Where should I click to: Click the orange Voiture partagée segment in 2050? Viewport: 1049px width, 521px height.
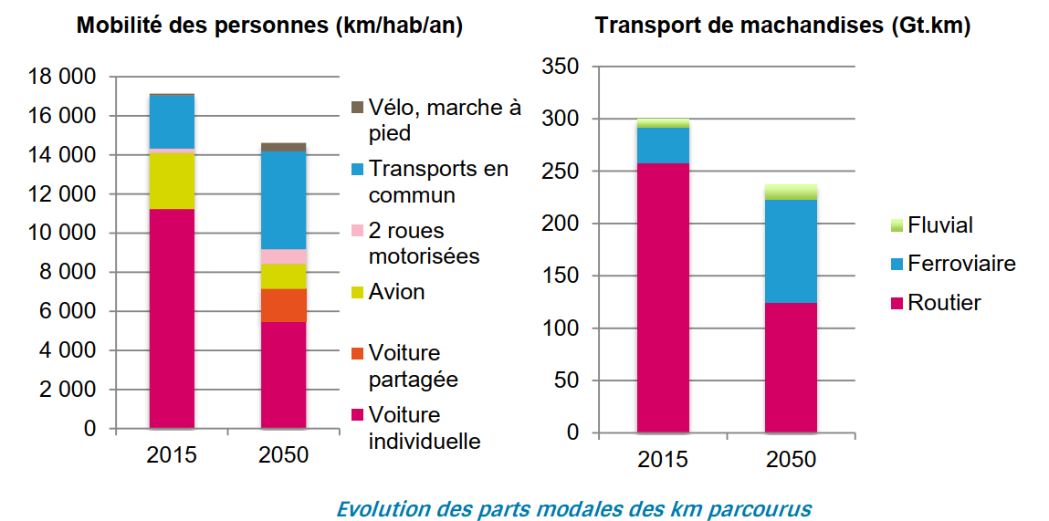[283, 305]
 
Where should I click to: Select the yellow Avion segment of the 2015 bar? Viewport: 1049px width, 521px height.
[172, 181]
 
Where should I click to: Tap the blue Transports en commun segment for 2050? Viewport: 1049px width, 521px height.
[283, 200]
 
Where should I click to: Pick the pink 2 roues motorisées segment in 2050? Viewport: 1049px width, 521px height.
[283, 256]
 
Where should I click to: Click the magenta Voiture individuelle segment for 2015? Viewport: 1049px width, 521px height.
[172, 318]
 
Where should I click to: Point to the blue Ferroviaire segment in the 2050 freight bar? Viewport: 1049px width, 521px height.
[791, 251]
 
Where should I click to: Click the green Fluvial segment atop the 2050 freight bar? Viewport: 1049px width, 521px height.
[791, 192]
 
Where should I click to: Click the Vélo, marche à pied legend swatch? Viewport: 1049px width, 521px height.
[358, 108]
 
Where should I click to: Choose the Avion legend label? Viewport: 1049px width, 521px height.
[397, 292]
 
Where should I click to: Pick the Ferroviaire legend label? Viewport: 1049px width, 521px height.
[961, 264]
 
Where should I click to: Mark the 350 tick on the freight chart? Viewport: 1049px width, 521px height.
[560, 68]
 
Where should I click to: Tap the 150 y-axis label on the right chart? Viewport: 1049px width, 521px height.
[560, 276]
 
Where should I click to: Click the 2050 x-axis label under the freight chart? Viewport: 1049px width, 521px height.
[791, 460]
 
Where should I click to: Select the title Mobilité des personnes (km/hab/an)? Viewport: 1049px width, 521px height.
[270, 26]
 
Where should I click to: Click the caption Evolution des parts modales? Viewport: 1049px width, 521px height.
[573, 507]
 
